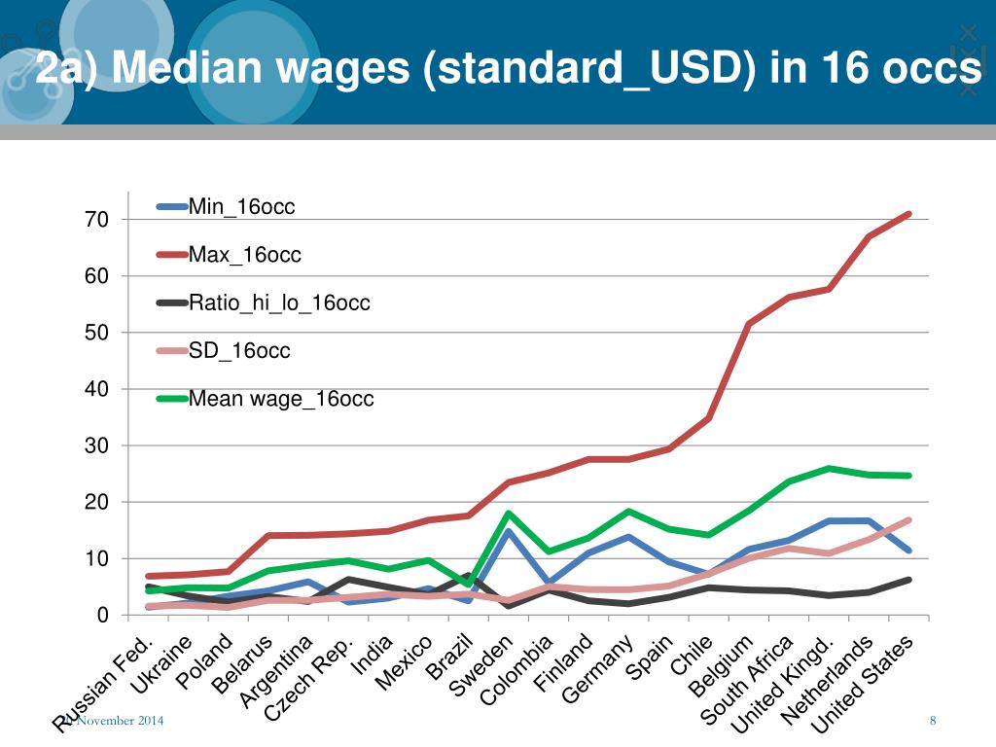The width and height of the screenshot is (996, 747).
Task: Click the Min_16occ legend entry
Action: (x=241, y=206)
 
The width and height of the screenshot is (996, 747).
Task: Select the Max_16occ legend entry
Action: (x=244, y=255)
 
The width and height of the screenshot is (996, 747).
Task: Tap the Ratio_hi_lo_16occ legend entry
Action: (x=279, y=303)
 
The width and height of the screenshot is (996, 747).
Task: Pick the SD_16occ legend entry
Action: (x=239, y=351)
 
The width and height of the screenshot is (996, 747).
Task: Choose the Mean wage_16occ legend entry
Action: (x=280, y=399)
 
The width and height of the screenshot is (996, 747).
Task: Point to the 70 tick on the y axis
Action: (x=96, y=220)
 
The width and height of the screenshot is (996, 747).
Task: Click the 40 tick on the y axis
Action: (x=96, y=389)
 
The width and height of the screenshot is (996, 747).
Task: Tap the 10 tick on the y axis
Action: (x=96, y=558)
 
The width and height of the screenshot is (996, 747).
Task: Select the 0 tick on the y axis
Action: (x=102, y=615)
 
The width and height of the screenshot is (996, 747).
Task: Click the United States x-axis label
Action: (x=864, y=684)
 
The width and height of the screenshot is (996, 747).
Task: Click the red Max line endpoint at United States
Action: (x=907, y=214)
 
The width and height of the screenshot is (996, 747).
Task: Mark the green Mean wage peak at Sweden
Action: (x=508, y=514)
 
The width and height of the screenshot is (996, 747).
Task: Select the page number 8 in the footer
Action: (x=933, y=720)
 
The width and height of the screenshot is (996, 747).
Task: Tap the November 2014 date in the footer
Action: (x=120, y=720)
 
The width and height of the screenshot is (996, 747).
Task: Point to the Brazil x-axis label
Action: (x=450, y=661)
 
